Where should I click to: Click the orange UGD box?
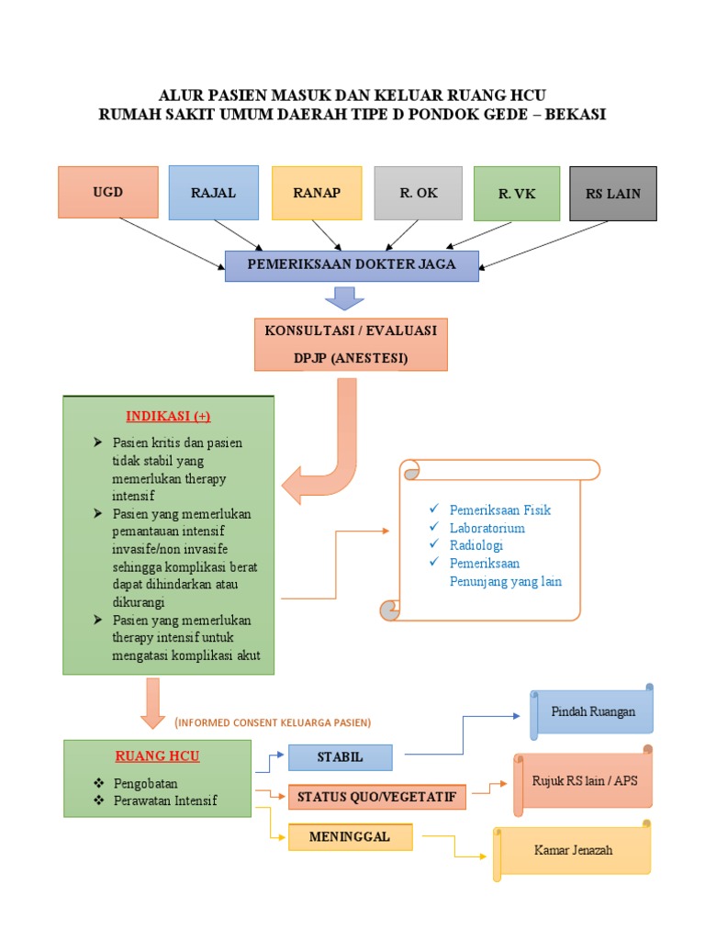pyautogui.click(x=107, y=192)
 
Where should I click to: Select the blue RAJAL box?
pyautogui.click(x=213, y=193)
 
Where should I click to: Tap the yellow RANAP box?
pyautogui.click(x=317, y=193)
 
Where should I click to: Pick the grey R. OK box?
pyautogui.click(x=419, y=193)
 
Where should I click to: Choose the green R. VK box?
pyautogui.click(x=517, y=194)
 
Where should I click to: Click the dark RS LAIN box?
pyautogui.click(x=613, y=194)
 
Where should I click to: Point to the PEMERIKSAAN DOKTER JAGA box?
pyautogui.click(x=352, y=265)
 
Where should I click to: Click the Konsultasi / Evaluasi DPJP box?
pyautogui.click(x=351, y=343)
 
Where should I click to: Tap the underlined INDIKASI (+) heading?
pyautogui.click(x=168, y=416)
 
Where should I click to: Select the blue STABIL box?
pyautogui.click(x=340, y=757)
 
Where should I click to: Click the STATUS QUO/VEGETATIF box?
pyautogui.click(x=377, y=796)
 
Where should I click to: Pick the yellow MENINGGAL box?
pyautogui.click(x=350, y=836)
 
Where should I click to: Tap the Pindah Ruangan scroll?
pyautogui.click(x=593, y=712)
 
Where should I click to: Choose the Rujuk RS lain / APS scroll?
pyautogui.click(x=584, y=781)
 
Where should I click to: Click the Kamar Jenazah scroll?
pyautogui.click(x=573, y=850)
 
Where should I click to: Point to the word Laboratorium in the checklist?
pyautogui.click(x=487, y=528)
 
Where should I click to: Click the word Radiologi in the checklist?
pyautogui.click(x=476, y=545)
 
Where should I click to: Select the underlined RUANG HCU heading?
pyautogui.click(x=157, y=756)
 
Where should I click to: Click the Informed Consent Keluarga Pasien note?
pyautogui.click(x=273, y=722)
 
